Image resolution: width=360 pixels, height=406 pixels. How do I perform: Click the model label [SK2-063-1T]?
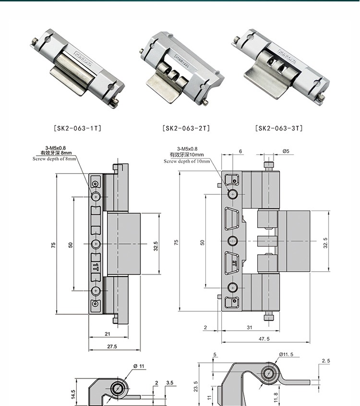(x=78, y=128)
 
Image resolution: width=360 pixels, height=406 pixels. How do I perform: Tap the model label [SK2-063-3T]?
(x=279, y=128)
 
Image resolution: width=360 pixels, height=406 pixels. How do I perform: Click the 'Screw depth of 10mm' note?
(x=187, y=161)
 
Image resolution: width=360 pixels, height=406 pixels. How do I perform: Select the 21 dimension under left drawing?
(x=108, y=334)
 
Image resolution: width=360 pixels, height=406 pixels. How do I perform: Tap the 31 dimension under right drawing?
(x=250, y=327)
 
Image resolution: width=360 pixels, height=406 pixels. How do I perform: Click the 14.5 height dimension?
(x=73, y=394)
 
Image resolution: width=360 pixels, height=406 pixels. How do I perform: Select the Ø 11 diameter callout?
(x=139, y=367)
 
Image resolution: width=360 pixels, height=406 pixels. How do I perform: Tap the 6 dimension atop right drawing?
(x=240, y=151)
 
